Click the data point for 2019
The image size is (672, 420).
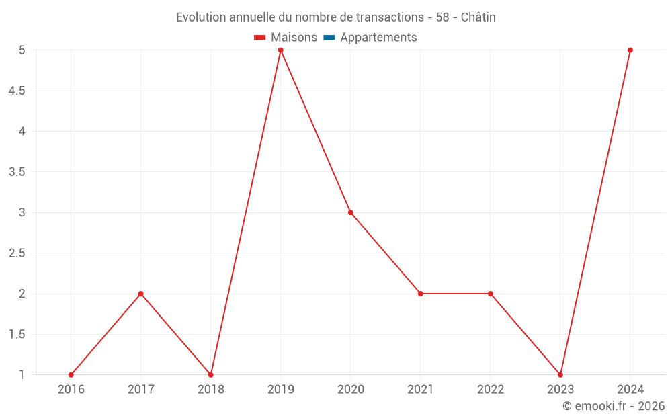(281, 50)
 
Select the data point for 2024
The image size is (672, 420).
(630, 50)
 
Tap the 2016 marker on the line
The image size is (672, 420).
(71, 375)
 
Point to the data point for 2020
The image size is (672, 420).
(351, 212)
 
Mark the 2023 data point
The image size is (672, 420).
(560, 375)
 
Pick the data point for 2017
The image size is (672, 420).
(141, 294)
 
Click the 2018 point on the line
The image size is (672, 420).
(211, 375)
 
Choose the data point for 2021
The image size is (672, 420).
(421, 294)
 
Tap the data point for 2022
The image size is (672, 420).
(491, 294)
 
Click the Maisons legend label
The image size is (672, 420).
(294, 38)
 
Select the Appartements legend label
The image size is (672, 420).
(378, 38)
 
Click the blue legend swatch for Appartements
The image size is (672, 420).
(329, 38)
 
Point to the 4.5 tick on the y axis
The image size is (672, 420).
(17, 91)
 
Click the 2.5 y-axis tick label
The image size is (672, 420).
(17, 253)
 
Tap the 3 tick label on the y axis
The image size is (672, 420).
(22, 212)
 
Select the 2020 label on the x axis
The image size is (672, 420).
(351, 389)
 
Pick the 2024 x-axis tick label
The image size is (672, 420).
(630, 389)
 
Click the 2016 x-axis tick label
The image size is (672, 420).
(71, 389)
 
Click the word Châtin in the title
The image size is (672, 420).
(476, 17)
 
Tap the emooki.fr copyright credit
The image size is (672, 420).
(614, 406)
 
